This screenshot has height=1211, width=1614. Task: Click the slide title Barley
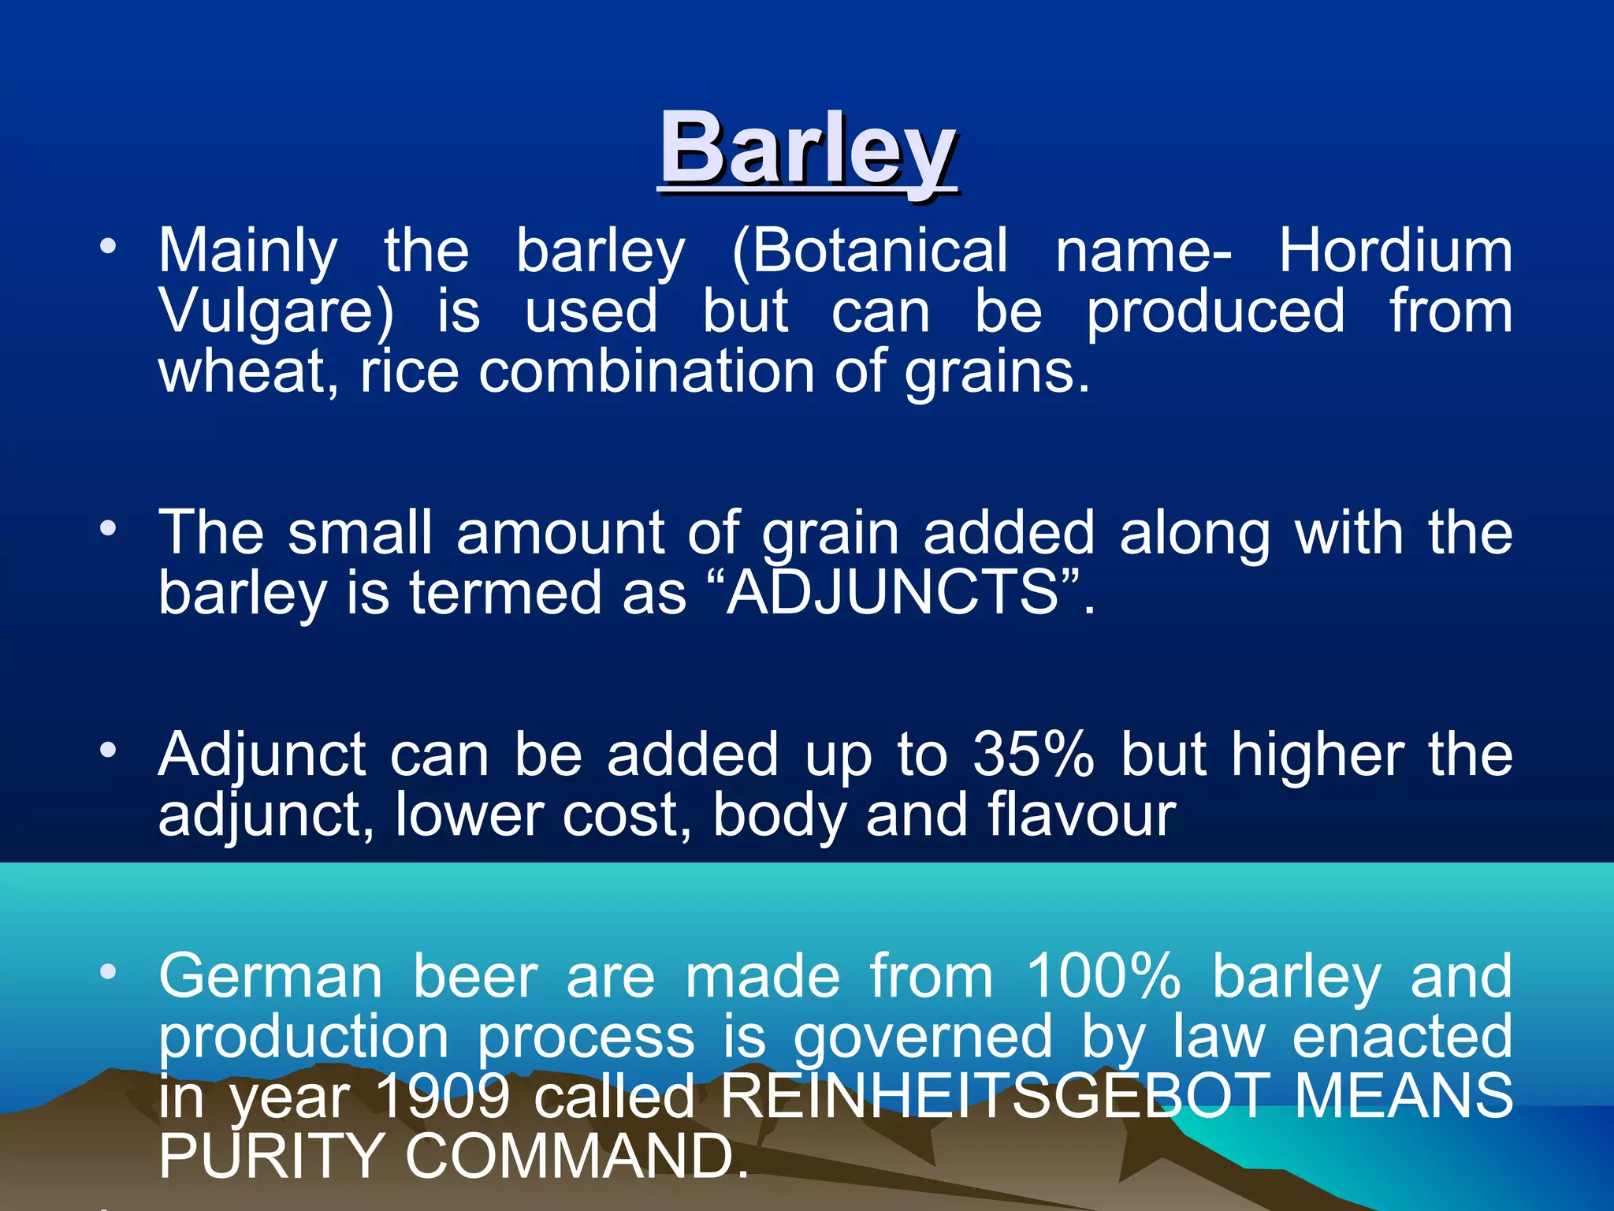(808, 148)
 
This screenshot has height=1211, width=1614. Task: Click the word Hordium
(1395, 251)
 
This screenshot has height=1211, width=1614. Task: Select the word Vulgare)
(276, 312)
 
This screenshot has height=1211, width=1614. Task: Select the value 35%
(1033, 755)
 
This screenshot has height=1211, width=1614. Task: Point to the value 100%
(1103, 976)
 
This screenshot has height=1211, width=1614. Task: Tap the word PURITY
(271, 1156)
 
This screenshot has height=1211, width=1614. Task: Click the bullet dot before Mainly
(108, 246)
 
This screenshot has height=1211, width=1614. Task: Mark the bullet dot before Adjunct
(108, 750)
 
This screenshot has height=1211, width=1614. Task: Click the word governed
(923, 1038)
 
